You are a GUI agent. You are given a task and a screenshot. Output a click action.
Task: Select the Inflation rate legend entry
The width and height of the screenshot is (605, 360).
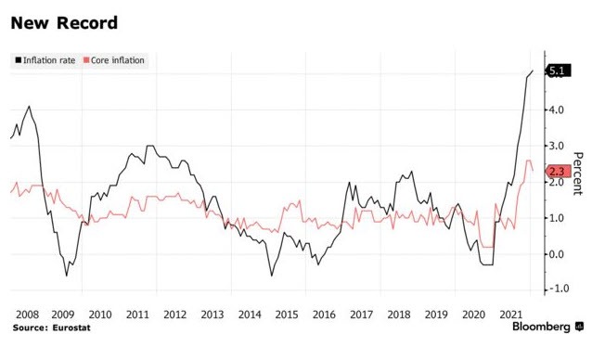pyautogui.click(x=45, y=60)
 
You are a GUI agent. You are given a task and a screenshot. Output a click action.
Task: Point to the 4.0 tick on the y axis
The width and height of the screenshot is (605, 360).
pyautogui.click(x=558, y=109)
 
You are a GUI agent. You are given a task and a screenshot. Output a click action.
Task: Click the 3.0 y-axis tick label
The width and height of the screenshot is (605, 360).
pyautogui.click(x=558, y=146)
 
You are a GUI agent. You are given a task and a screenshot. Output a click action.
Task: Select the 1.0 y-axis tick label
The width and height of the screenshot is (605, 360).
pyautogui.click(x=558, y=218)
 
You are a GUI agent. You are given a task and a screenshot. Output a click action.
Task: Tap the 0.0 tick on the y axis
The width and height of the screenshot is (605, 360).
pyautogui.click(x=558, y=254)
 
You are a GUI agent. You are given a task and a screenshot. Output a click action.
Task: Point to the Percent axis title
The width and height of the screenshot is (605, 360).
pyautogui.click(x=577, y=174)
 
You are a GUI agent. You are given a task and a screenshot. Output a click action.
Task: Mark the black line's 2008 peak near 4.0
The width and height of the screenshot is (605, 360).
pyautogui.click(x=30, y=107)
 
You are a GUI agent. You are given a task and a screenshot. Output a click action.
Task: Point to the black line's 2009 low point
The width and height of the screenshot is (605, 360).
pyautogui.click(x=66, y=276)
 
